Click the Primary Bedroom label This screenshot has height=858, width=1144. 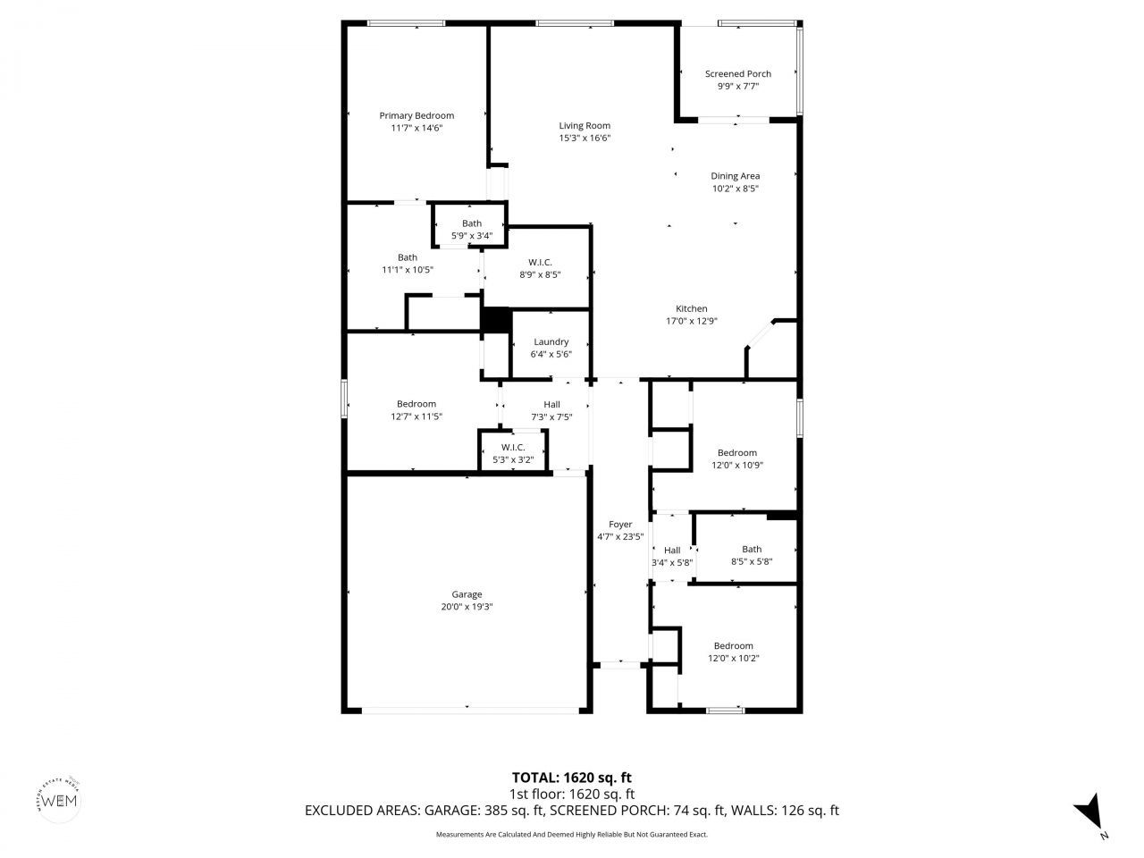pos(416,116)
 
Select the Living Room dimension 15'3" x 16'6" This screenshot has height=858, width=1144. pos(585,139)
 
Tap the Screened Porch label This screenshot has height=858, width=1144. pos(737,74)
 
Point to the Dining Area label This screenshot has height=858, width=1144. pos(735,176)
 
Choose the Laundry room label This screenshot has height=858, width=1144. pos(551,342)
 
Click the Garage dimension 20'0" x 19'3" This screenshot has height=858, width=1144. pos(467,607)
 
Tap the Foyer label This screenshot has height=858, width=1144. pos(620,525)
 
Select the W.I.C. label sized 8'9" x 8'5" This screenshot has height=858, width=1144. pos(540,263)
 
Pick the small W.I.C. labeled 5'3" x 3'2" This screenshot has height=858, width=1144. pos(513,448)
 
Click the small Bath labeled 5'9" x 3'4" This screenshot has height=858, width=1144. pos(472,224)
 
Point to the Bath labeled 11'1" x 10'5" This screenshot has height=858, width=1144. pos(408,258)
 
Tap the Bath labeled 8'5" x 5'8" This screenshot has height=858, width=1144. pos(752,550)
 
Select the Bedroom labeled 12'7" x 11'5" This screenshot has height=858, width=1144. pos(416,404)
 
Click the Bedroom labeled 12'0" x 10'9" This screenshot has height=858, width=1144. pos(736,453)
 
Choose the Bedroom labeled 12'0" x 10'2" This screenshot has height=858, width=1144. pos(733,646)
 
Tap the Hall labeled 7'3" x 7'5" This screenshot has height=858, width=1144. pos(551,405)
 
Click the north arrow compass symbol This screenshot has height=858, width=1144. pos(1089,812)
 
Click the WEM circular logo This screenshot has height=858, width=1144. pos(60,799)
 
